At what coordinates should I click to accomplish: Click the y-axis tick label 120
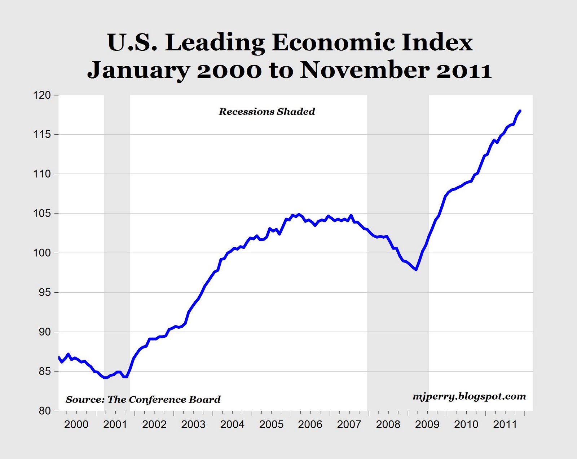coord(42,95)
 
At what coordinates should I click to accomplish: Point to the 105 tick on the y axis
coord(42,213)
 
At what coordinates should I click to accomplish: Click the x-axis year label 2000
coord(76,425)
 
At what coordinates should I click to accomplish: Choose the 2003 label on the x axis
coord(193,425)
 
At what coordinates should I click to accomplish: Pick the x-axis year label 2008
coord(388,425)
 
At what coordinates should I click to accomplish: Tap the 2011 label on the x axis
coord(505,425)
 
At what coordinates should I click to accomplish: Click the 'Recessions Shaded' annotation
coord(267,112)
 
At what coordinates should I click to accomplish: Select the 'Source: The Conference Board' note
coord(143,400)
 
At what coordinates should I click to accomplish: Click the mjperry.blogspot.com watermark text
coord(469,397)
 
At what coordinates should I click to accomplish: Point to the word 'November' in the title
coord(365,70)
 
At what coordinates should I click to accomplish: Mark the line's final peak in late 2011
coord(520,111)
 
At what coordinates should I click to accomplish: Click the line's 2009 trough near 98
coord(417,270)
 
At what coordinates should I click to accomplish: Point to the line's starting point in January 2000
coord(58,357)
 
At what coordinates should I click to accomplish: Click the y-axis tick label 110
coord(42,174)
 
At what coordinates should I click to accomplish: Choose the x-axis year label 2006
coord(310,425)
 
